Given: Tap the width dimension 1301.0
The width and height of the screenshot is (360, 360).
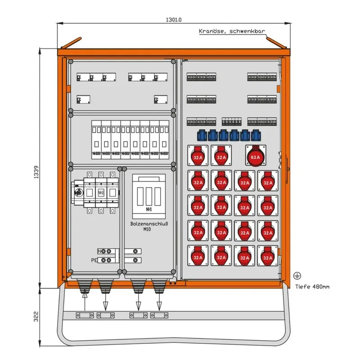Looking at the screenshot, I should click(x=173, y=20).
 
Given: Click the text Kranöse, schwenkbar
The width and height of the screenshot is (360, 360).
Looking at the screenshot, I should click(x=232, y=31).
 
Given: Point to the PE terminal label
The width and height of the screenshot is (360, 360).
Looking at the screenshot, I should click(x=94, y=260).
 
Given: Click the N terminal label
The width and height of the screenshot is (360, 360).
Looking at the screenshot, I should click(x=99, y=251).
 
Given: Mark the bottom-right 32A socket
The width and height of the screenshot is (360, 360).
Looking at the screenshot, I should click(x=268, y=256).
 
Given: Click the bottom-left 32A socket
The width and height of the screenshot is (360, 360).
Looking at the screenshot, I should click(x=198, y=256).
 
